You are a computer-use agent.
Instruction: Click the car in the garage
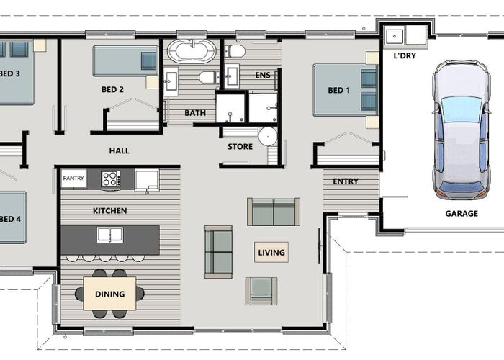click(461, 130)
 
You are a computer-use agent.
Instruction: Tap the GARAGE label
click(461, 213)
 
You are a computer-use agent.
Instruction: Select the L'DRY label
click(405, 55)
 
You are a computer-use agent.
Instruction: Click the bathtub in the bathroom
click(191, 52)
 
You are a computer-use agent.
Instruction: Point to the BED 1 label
click(338, 90)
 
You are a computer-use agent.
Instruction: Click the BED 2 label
click(112, 90)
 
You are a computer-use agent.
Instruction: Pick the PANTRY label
click(73, 179)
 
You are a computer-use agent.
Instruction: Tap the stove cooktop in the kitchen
click(110, 179)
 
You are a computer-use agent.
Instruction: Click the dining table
click(109, 294)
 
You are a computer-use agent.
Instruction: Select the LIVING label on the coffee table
click(271, 252)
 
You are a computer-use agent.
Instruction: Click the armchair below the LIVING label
click(261, 290)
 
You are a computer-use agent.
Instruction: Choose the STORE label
click(240, 147)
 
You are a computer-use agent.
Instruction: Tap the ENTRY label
click(346, 181)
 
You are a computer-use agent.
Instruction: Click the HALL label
click(120, 150)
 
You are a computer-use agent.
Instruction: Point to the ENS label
click(263, 76)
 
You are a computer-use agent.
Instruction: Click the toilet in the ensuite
click(235, 51)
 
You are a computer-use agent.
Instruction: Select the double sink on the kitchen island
click(110, 235)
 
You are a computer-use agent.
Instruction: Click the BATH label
click(194, 113)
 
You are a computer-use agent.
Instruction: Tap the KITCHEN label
click(109, 211)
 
